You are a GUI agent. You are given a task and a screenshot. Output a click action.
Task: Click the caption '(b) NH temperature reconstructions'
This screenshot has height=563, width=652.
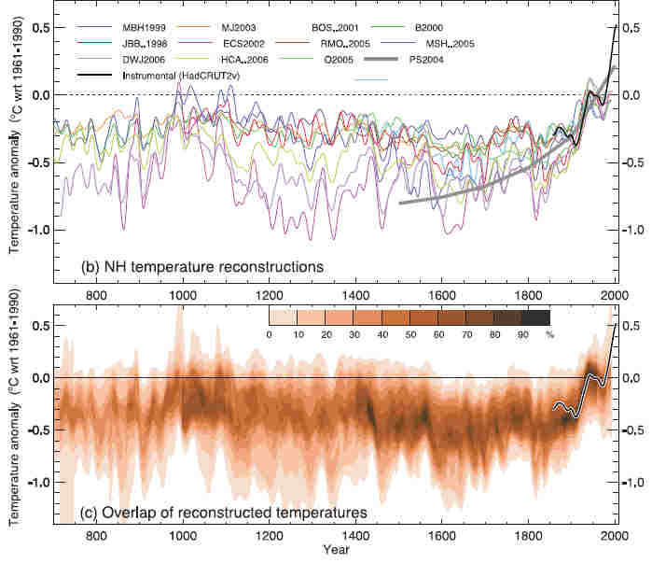click(x=202, y=267)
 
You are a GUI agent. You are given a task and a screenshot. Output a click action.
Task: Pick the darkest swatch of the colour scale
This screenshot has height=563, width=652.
click(x=534, y=317)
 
